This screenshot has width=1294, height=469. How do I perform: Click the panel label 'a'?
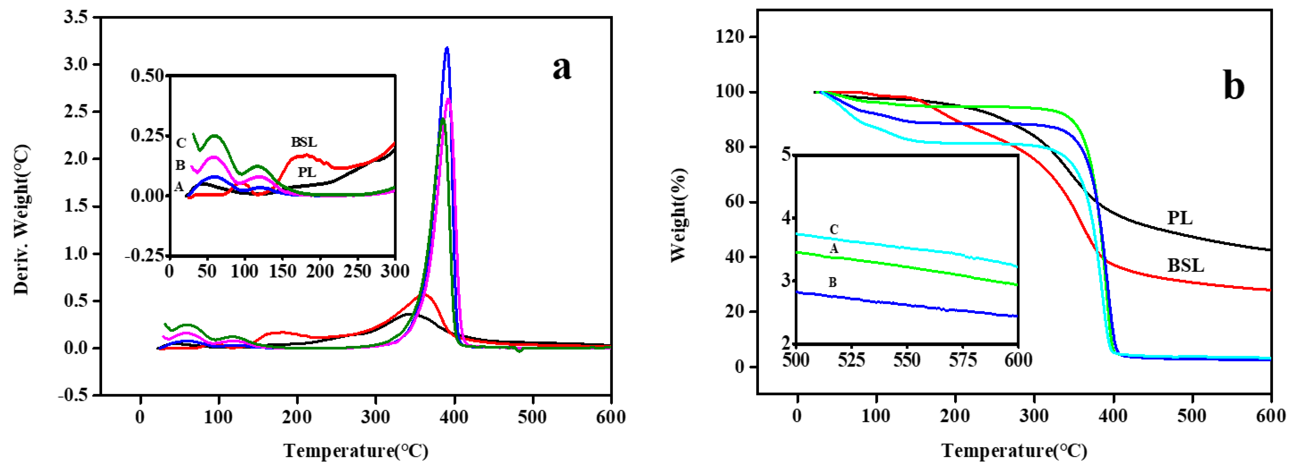coord(562,68)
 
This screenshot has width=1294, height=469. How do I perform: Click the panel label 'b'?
coord(1233,86)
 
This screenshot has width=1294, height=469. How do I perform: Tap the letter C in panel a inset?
coord(181,143)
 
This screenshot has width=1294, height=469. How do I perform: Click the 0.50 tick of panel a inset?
coord(147,76)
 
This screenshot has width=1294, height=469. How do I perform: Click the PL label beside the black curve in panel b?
coord(1179,218)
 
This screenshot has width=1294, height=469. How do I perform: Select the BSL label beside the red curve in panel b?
coord(1185,265)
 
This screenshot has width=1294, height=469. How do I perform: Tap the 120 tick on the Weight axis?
coord(731,37)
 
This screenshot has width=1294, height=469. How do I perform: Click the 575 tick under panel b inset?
coord(962,360)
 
